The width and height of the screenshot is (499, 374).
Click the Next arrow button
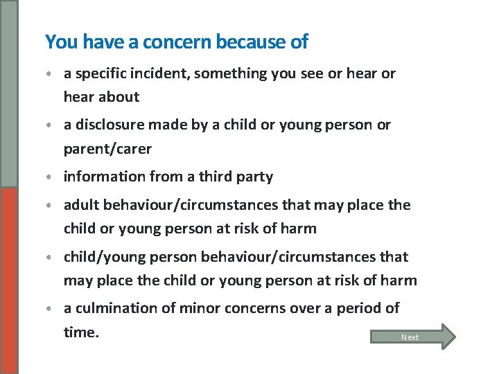pyautogui.click(x=413, y=337)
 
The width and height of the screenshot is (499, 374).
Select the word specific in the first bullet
pyautogui.click(x=102, y=73)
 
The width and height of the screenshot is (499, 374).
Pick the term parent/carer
pyautogui.click(x=107, y=149)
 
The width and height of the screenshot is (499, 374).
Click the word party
pyautogui.click(x=255, y=177)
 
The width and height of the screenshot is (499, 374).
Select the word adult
pyautogui.click(x=81, y=205)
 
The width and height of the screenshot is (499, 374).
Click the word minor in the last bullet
pyautogui.click(x=200, y=308)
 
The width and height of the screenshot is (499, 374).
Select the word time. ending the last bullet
pyautogui.click(x=81, y=332)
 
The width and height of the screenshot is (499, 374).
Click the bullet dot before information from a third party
pyautogui.click(x=51, y=177)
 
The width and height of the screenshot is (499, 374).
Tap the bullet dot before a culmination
pyautogui.click(x=51, y=309)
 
